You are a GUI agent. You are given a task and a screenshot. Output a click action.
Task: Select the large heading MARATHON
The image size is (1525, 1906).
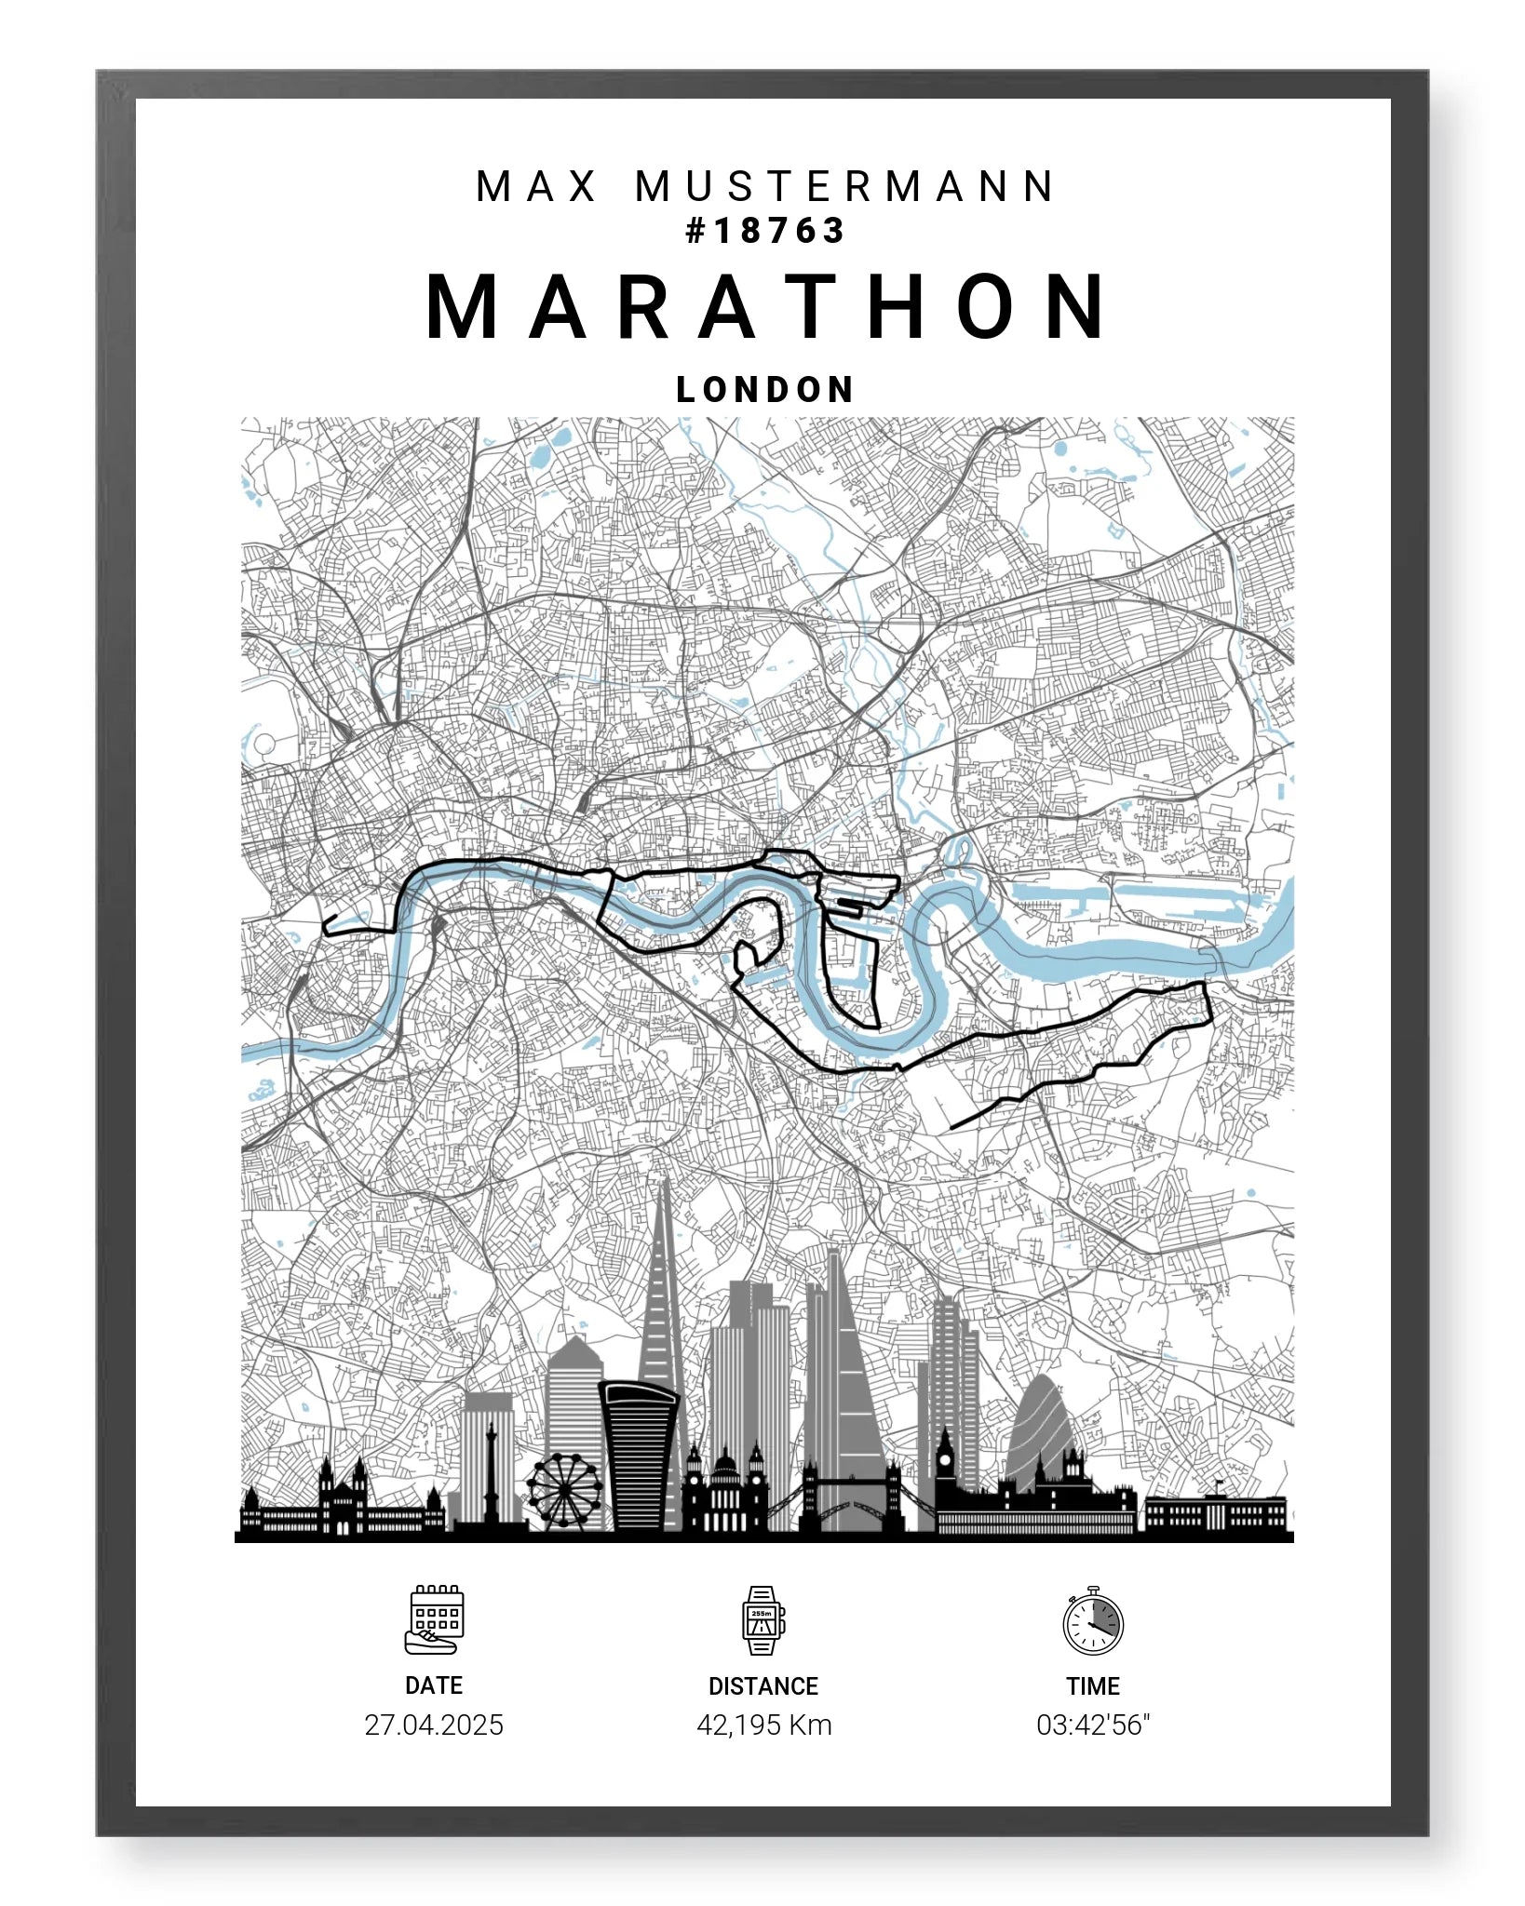[765, 307]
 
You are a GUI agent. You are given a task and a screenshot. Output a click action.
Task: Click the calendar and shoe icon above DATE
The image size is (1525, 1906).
[435, 1620]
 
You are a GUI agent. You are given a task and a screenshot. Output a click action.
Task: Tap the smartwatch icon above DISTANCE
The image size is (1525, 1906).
[762, 1620]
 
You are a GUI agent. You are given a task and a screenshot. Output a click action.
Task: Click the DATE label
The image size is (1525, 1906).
[434, 1685]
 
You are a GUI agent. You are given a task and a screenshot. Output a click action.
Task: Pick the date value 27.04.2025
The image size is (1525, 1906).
[434, 1725]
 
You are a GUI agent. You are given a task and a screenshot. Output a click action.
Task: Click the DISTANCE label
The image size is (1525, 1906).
[762, 1686]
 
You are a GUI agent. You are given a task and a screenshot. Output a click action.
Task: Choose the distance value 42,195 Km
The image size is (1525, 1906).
[763, 1725]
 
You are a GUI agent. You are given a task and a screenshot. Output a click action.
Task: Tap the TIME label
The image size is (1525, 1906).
[1093, 1686]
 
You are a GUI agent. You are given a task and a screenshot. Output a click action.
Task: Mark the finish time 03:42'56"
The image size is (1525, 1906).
[1093, 1725]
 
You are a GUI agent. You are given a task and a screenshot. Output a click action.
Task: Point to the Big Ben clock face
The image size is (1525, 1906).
[945, 1461]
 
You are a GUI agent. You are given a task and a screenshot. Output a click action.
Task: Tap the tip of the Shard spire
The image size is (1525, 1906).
[664, 1182]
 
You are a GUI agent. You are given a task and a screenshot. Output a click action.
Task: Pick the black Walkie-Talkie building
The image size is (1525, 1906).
[639, 1452]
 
